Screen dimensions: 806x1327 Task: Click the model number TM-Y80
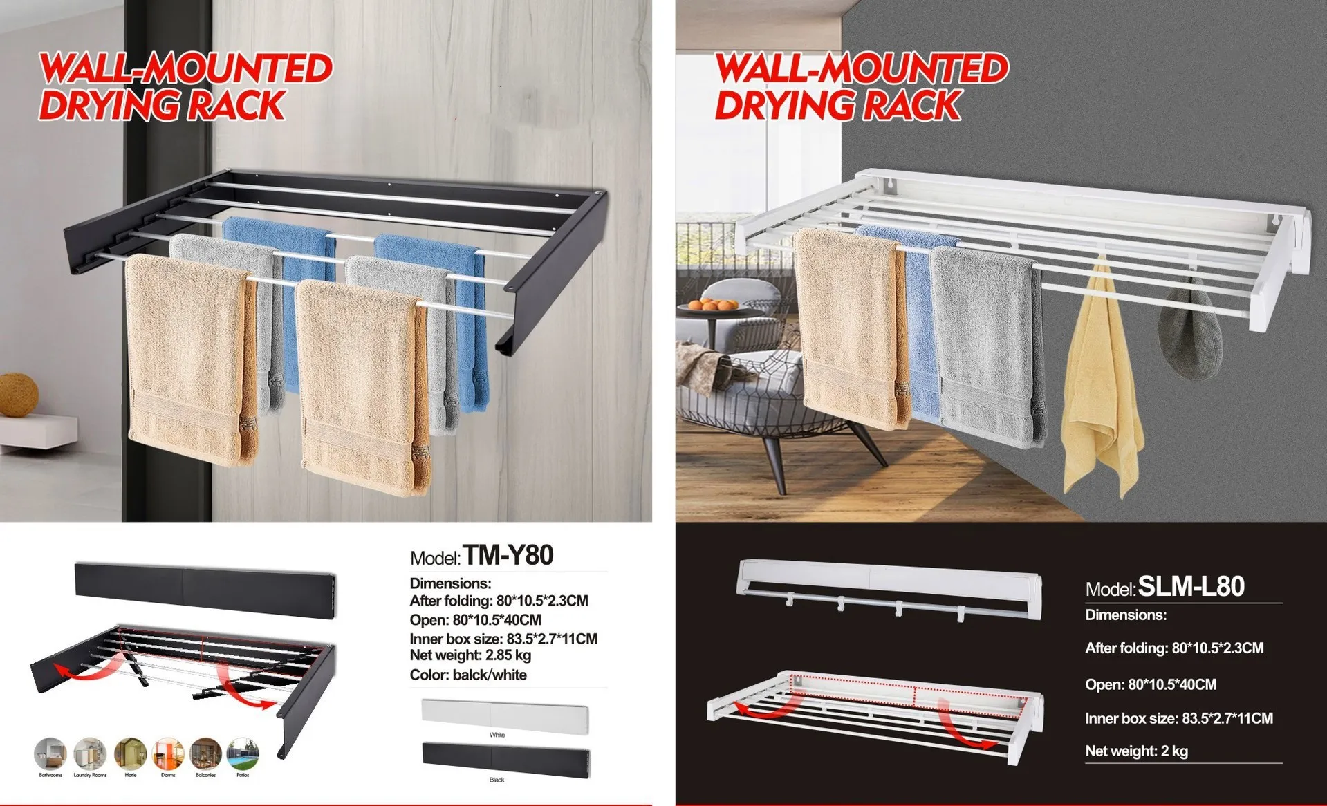click(508, 556)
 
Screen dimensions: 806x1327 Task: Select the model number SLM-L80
click(1191, 587)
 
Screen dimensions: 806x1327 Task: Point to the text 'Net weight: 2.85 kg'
click(470, 655)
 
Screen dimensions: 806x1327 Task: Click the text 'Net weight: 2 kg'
click(1136, 751)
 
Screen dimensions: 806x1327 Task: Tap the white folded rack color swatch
click(505, 717)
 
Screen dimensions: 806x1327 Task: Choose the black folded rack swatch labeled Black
click(505, 759)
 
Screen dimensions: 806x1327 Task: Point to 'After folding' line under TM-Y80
click(499, 601)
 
